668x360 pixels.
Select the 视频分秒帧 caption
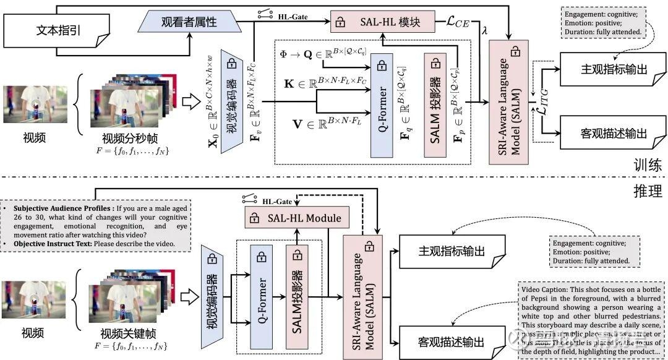pyautogui.click(x=129, y=137)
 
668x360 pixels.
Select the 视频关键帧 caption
pyautogui.click(x=129, y=333)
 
